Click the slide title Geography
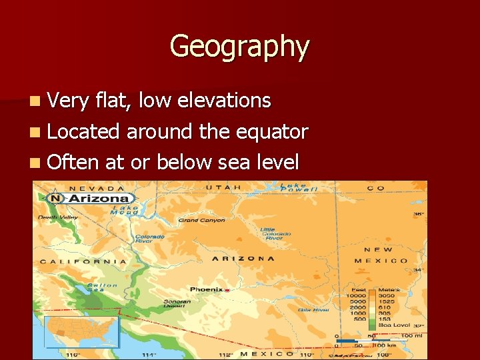click(x=239, y=47)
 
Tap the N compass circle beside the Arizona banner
click(x=55, y=199)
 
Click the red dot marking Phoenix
click(x=227, y=290)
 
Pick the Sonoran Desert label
click(x=177, y=305)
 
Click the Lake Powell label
click(x=294, y=187)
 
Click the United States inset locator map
click(x=81, y=331)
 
